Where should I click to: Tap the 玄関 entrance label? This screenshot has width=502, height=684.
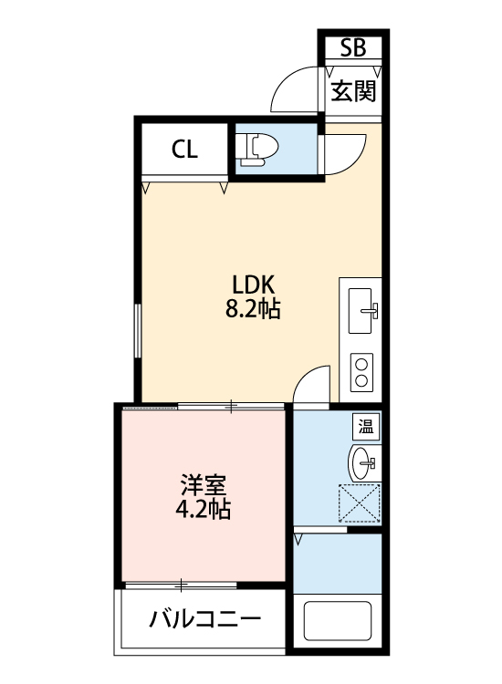coord(352,91)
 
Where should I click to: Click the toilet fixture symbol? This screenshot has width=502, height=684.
coord(256,149)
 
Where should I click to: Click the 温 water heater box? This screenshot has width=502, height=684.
coord(366,426)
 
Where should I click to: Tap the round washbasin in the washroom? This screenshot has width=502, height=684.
coord(363,462)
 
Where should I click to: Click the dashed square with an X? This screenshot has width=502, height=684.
coord(360,504)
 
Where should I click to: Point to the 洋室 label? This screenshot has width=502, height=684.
coord(203,483)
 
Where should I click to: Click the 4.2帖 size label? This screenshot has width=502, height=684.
coord(203,509)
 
